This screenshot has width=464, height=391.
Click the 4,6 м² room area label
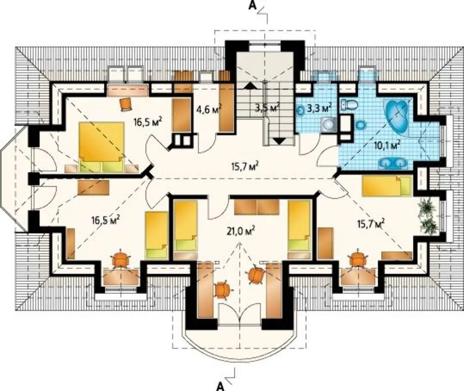(209, 109)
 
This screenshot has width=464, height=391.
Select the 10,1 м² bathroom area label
(387, 145)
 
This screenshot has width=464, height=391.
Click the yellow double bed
(102, 147)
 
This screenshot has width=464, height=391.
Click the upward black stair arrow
(251, 85)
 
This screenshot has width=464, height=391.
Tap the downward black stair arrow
(278, 141)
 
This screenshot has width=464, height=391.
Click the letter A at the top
(252, 6)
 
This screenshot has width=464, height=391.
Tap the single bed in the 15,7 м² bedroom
(387, 185)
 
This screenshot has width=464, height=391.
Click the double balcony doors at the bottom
(240, 314)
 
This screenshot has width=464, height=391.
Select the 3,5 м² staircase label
(267, 108)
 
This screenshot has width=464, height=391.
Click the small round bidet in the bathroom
(361, 125)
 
